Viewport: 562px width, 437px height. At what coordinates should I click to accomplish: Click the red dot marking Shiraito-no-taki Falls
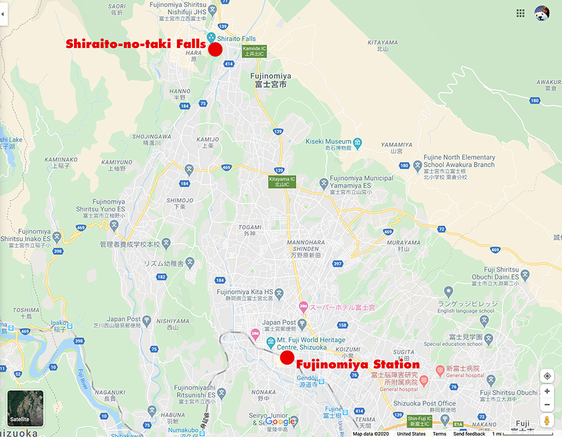tap(215, 50)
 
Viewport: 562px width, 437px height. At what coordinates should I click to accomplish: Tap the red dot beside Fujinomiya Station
tap(287, 358)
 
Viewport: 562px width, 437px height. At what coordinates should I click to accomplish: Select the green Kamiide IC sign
tap(255, 52)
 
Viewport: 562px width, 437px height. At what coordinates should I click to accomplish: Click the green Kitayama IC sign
tap(282, 182)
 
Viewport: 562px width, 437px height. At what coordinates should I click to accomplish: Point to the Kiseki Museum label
tap(329, 141)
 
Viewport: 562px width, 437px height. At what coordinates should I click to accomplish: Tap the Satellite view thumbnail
tap(26, 408)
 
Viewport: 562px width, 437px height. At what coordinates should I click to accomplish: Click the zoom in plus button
tap(547, 391)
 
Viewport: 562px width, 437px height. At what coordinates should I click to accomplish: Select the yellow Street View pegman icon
tap(547, 420)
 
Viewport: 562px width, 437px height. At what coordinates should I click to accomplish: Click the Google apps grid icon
tap(520, 13)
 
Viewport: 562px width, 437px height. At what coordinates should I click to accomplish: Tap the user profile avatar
tap(542, 13)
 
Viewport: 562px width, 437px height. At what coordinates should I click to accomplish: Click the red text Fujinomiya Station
tap(357, 365)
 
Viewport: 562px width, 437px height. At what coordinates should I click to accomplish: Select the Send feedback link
tap(469, 434)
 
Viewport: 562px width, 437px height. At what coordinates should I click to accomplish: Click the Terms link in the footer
tap(439, 434)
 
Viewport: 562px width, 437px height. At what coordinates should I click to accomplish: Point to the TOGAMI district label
tap(250, 227)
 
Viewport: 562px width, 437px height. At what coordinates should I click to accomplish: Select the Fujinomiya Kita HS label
tap(246, 292)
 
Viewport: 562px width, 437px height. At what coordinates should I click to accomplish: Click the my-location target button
tap(547, 376)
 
